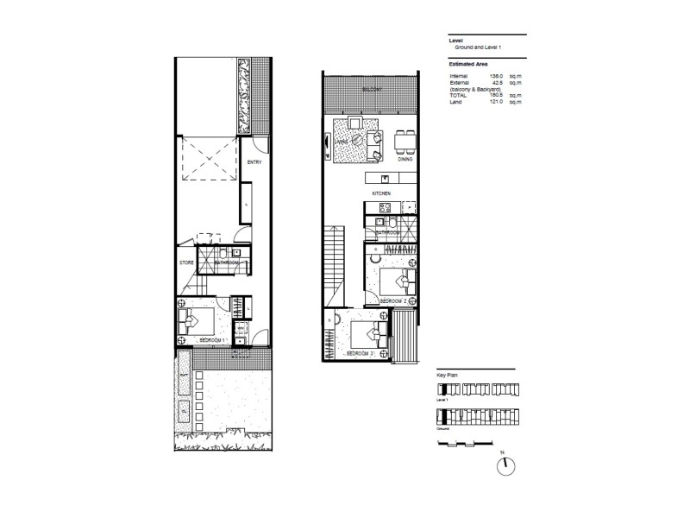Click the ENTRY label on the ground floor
tap(254, 162)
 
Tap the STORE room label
tap(185, 262)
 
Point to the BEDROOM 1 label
tap(212, 341)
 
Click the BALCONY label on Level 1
tap(373, 89)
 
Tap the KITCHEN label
tap(382, 194)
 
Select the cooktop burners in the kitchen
tap(385, 208)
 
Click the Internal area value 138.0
tap(495, 76)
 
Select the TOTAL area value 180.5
tap(495, 96)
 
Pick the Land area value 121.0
tap(495, 102)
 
